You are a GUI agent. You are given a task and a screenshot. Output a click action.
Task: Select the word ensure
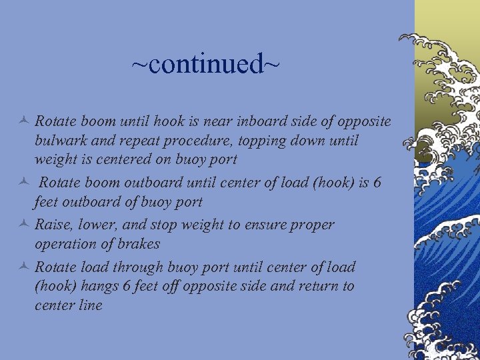266,225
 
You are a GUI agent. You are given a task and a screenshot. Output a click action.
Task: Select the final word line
89,305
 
